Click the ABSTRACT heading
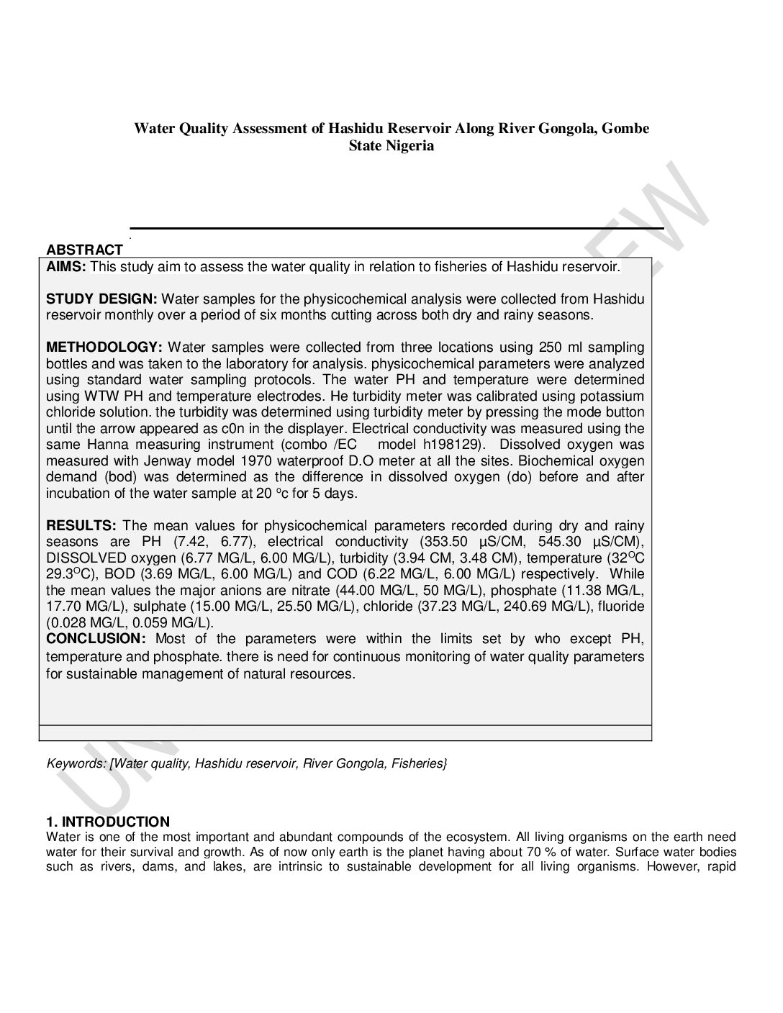point(84,250)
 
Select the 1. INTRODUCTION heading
point(108,822)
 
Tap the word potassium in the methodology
point(610,396)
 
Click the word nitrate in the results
point(311,590)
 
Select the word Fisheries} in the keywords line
point(419,763)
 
